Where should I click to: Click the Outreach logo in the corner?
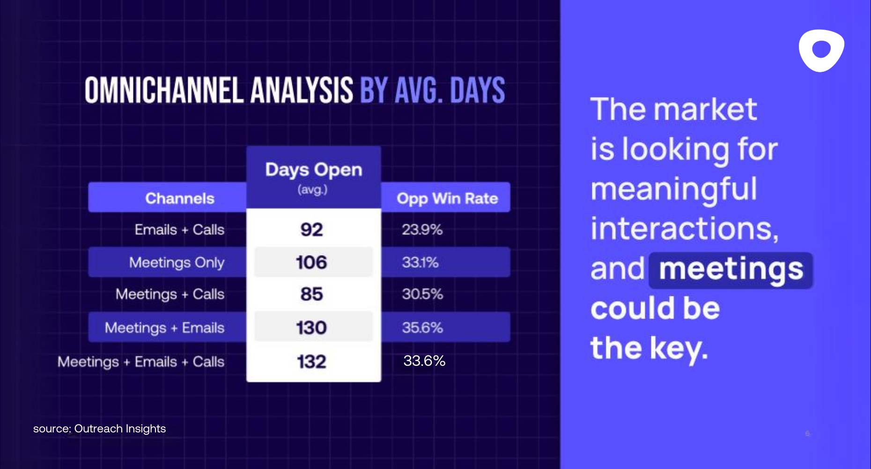(821, 50)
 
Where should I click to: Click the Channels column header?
(180, 198)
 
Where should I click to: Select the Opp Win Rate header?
(447, 198)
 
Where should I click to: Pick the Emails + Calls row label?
(179, 230)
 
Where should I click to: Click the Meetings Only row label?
(177, 262)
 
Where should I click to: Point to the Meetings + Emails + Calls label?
(141, 362)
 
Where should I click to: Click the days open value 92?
(311, 230)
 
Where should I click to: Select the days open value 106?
(311, 262)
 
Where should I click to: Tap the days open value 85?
(311, 294)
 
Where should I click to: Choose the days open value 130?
(311, 327)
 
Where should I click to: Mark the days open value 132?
(311, 362)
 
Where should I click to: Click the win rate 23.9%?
(422, 230)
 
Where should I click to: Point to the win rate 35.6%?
(422, 327)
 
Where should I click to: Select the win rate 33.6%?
(424, 361)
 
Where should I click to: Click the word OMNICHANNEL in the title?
(164, 91)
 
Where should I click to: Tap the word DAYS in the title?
(477, 91)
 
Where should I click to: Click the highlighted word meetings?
(731, 270)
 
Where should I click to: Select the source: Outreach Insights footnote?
(99, 429)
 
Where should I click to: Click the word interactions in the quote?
(684, 229)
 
